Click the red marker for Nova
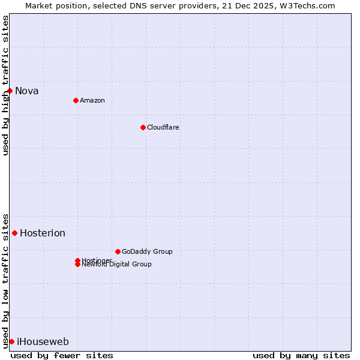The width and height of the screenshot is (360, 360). (10, 91)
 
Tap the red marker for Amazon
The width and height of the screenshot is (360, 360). (76, 100)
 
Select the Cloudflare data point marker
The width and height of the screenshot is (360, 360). (143, 127)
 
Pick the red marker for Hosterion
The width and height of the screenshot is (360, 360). (15, 233)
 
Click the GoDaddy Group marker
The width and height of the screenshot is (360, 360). (118, 251)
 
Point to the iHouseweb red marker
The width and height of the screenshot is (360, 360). (11, 341)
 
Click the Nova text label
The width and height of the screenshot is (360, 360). (27, 91)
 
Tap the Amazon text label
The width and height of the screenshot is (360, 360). (92, 100)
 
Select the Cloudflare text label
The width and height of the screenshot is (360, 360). (163, 127)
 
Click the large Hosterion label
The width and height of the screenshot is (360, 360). (43, 233)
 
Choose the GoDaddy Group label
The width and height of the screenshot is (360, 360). (147, 251)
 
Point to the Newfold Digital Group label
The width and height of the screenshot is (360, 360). (117, 265)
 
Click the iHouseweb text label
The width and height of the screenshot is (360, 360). (43, 342)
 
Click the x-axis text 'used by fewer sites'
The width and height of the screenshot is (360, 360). (62, 355)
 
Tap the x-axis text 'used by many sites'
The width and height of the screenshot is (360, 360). (301, 355)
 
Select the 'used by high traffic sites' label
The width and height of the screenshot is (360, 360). (5, 85)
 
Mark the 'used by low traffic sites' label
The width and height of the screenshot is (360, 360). (5, 281)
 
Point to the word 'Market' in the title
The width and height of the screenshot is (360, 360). (38, 5)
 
